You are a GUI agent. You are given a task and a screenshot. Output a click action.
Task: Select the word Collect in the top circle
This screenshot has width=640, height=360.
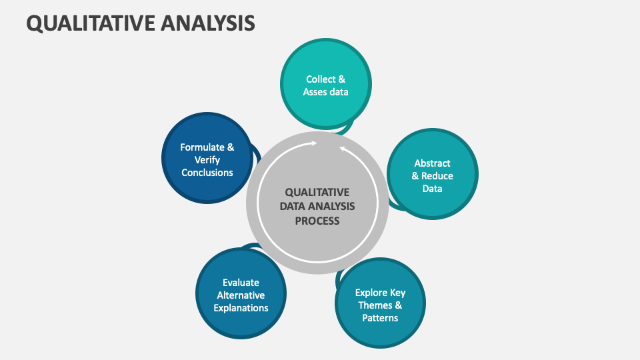point(321,79)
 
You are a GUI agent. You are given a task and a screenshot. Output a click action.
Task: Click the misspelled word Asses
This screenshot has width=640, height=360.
point(315,92)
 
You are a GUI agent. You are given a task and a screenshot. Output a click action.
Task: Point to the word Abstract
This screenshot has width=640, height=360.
point(432,163)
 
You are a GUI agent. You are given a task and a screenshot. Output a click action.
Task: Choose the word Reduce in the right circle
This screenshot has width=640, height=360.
point(437,176)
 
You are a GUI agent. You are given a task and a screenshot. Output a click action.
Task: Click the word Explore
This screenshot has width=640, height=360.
point(371,293)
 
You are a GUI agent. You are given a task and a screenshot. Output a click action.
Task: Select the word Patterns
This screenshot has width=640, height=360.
point(380,318)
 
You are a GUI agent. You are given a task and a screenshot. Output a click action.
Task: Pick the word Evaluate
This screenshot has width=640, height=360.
point(241,283)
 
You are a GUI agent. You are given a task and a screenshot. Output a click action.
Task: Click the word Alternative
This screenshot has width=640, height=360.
point(241,295)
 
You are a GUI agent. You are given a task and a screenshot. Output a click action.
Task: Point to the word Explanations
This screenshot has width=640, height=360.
point(241,308)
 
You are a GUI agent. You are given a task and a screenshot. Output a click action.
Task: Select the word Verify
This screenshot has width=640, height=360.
point(207,160)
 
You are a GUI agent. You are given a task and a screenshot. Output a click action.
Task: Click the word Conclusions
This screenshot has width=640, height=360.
point(207,173)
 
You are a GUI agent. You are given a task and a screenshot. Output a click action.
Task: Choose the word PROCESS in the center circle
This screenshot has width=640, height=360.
point(317,221)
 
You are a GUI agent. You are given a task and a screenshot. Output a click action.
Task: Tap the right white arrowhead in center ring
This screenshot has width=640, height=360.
point(342,149)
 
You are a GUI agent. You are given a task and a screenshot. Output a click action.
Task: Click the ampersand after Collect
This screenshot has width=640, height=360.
point(342,79)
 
